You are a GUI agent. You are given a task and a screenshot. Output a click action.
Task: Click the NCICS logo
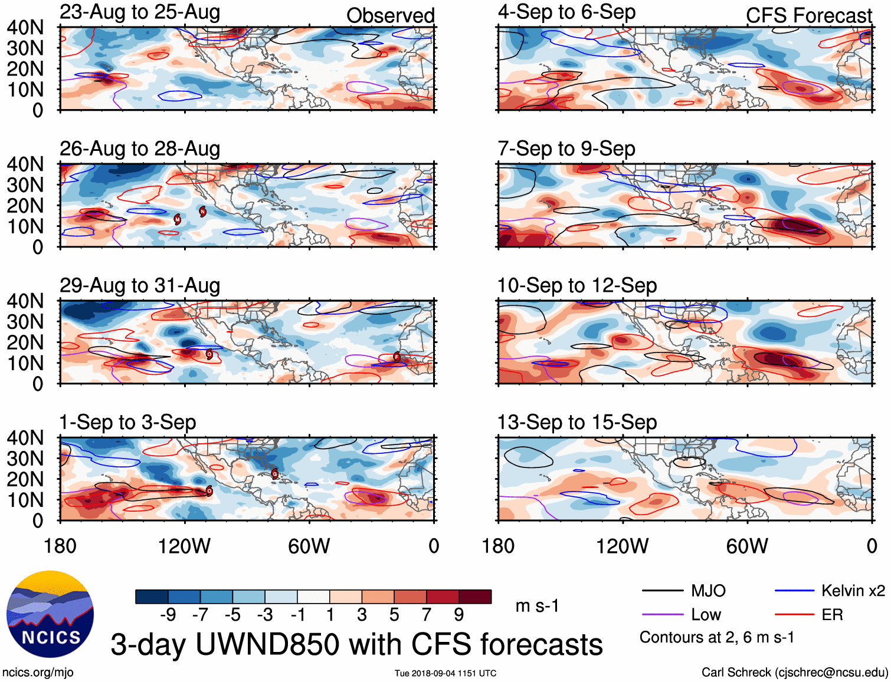coord(50,614)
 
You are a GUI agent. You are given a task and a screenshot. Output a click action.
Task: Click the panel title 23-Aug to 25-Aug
coord(140,12)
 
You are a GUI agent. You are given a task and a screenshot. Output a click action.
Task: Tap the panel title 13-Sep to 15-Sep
coord(577,422)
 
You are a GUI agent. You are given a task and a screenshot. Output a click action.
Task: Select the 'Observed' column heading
coord(390,15)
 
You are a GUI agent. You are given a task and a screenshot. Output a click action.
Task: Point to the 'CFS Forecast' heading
coord(808,15)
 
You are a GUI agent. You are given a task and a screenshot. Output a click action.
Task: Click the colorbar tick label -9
coord(168,615)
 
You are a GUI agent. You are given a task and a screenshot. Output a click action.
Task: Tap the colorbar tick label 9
coord(458,615)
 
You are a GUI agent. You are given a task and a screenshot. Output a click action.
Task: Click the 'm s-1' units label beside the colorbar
coord(537,606)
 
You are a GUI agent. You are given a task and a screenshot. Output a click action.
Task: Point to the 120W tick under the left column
coord(184,546)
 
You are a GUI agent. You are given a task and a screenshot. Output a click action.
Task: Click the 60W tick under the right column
coord(747,546)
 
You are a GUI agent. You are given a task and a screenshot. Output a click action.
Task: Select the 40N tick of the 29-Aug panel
coord(25,301)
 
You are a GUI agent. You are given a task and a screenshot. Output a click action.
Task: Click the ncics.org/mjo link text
coord(38,672)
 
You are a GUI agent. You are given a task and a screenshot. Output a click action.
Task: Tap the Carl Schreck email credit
coord(794,672)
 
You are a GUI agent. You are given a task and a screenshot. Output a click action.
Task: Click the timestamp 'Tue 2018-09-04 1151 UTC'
coord(446,673)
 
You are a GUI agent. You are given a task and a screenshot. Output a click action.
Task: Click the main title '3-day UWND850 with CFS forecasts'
coord(356,644)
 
